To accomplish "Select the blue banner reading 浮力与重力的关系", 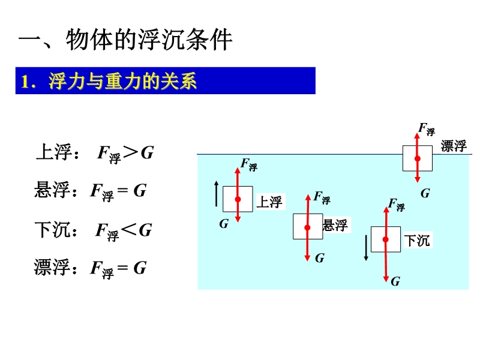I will [x=165, y=81].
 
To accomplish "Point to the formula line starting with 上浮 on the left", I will [x=95, y=153].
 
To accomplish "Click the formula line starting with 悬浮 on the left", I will [x=90, y=191].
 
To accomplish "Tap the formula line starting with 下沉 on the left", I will [x=93, y=230].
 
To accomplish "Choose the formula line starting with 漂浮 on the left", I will [x=90, y=268].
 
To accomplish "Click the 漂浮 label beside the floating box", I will [x=453, y=146].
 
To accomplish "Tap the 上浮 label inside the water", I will [x=269, y=202].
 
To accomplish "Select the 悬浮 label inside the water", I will [x=335, y=226].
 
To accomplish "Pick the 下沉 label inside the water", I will [x=417, y=241].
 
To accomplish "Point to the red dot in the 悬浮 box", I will [x=307, y=227].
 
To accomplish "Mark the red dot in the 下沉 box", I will [x=385, y=239].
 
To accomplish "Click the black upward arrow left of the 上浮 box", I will [x=217, y=193].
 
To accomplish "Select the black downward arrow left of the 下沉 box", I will [x=366, y=248].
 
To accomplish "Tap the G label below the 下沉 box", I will [x=395, y=281].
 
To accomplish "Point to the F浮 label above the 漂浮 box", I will [x=426, y=128].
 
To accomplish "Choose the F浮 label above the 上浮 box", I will [x=248, y=164].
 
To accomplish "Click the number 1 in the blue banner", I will [x=25, y=82].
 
